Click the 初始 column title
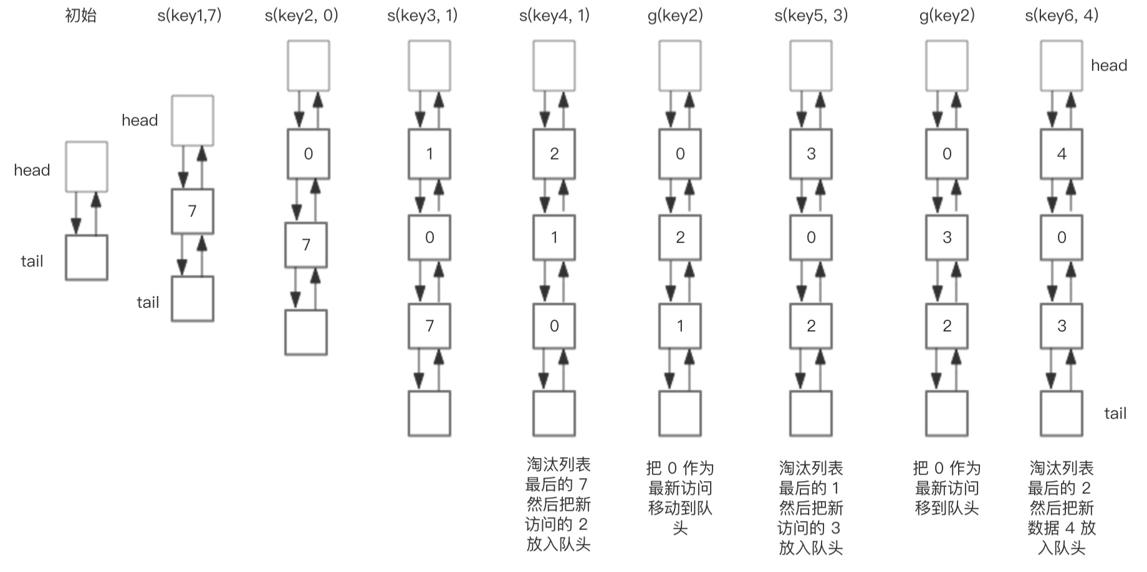click(x=81, y=16)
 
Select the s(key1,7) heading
click(x=190, y=16)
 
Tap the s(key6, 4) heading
click(x=1062, y=16)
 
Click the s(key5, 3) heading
click(x=811, y=16)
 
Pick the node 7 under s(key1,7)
click(x=193, y=211)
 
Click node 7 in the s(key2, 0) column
click(x=306, y=245)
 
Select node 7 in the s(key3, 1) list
click(x=430, y=325)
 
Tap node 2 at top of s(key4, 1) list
click(x=554, y=154)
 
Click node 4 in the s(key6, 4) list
click(x=1062, y=154)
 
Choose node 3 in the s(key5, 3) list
click(x=811, y=154)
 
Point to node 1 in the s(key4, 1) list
click(x=554, y=237)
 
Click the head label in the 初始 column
click(x=32, y=170)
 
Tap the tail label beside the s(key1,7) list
click(x=148, y=302)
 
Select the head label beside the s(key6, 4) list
click(x=1108, y=65)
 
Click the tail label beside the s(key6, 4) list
click(x=1115, y=413)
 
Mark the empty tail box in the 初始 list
click(x=87, y=257)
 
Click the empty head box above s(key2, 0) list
click(x=309, y=65)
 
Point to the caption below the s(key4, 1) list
click(x=557, y=504)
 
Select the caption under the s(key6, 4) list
click(x=1062, y=508)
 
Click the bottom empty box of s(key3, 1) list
click(x=430, y=413)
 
